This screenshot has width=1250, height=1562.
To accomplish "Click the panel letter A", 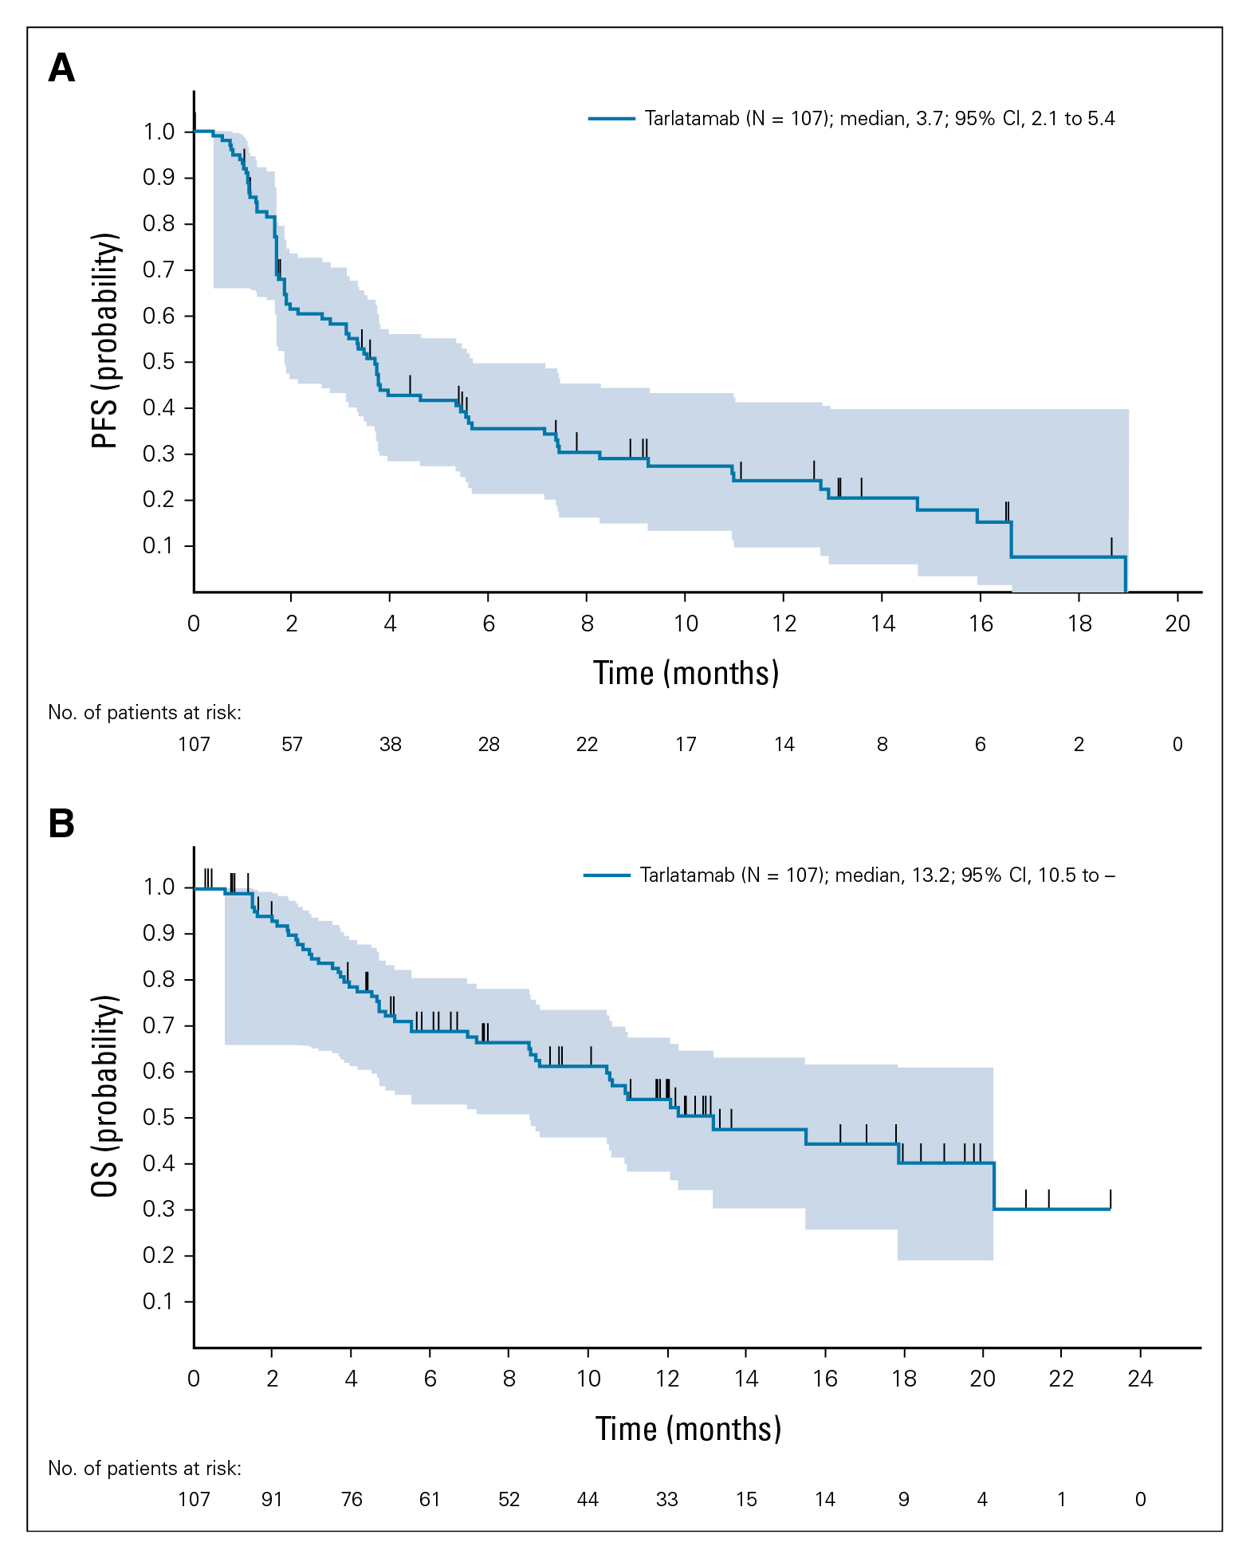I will click(61, 68).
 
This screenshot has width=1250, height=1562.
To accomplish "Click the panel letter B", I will click(61, 823).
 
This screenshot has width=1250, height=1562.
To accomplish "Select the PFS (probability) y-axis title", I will click(105, 340).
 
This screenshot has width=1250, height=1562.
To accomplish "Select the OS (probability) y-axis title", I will click(105, 1096).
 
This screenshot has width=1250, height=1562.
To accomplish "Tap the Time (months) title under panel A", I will click(686, 674).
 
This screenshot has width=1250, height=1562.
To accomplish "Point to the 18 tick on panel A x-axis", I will click(1079, 624).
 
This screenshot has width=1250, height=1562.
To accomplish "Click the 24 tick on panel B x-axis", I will click(1141, 1379).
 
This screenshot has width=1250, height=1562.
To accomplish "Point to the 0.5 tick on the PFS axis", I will click(159, 362).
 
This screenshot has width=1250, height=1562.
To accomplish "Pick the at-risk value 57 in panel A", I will click(292, 745).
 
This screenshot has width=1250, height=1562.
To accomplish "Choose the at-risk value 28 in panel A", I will click(489, 745).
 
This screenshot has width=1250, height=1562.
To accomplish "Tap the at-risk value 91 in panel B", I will click(272, 1500).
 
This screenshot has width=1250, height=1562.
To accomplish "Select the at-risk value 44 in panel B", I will click(588, 1500).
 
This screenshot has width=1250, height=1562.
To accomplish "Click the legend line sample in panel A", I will click(611, 119).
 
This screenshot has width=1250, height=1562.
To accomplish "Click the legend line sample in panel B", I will click(607, 875).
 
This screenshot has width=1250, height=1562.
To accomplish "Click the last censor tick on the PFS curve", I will click(1111, 547).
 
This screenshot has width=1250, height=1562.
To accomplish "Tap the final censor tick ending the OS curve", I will click(1110, 1199).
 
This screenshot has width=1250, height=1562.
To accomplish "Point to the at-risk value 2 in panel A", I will click(1079, 745).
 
